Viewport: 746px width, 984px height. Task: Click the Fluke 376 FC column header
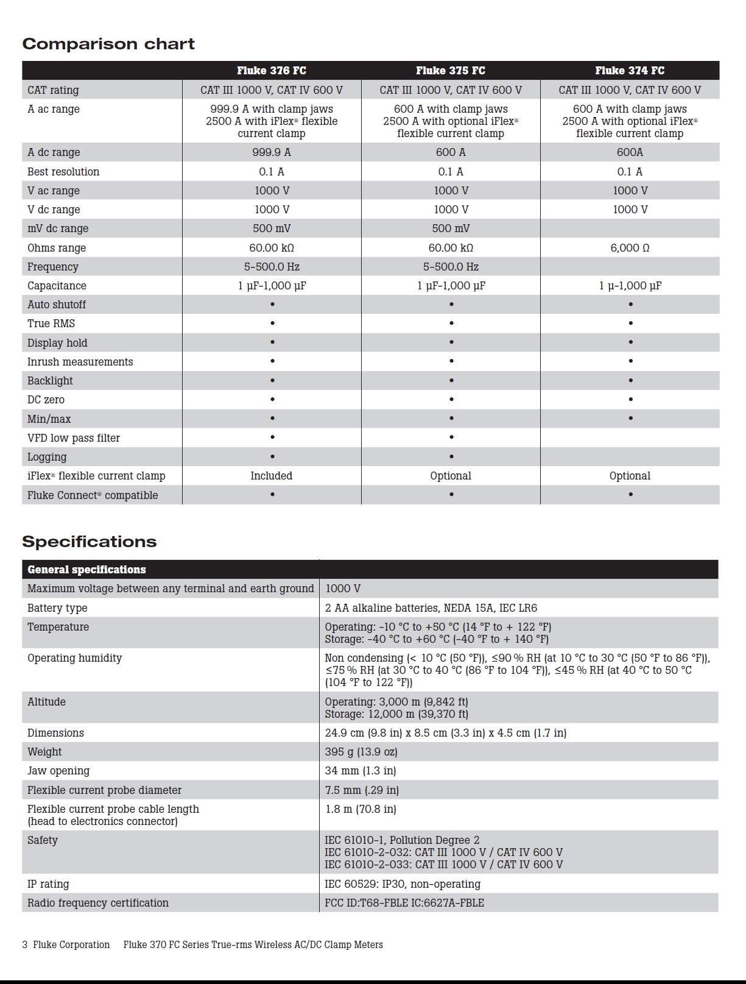pyautogui.click(x=272, y=71)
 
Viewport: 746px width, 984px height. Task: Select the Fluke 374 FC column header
pyautogui.click(x=630, y=71)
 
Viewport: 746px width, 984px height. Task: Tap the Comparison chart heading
pyautogui.click(x=108, y=44)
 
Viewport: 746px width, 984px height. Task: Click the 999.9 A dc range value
pyautogui.click(x=272, y=152)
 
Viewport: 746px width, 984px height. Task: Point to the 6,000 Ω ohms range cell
pyautogui.click(x=630, y=248)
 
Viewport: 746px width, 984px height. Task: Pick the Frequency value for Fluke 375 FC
pyautogui.click(x=451, y=267)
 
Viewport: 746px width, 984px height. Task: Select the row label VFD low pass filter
pyautogui.click(x=74, y=438)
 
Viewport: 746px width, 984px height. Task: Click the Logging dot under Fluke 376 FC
pyautogui.click(x=272, y=456)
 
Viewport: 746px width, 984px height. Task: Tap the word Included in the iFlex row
pyautogui.click(x=272, y=476)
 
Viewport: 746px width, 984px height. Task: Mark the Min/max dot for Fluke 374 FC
pyautogui.click(x=630, y=419)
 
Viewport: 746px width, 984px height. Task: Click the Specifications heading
pyautogui.click(x=90, y=542)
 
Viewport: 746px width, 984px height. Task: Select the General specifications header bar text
pyautogui.click(x=86, y=570)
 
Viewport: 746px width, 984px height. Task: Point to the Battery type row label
pyautogui.click(x=57, y=608)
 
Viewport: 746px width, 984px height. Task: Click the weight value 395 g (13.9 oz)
pyautogui.click(x=361, y=752)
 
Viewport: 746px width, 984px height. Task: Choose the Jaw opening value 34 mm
pyautogui.click(x=361, y=771)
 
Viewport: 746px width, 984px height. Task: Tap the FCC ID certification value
pyautogui.click(x=404, y=903)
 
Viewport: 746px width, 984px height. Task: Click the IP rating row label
pyautogui.click(x=48, y=884)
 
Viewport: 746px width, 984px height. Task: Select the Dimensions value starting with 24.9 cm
pyautogui.click(x=446, y=733)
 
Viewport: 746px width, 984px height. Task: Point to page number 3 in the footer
pyautogui.click(x=25, y=945)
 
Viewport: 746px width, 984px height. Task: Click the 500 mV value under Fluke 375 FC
pyautogui.click(x=451, y=228)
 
